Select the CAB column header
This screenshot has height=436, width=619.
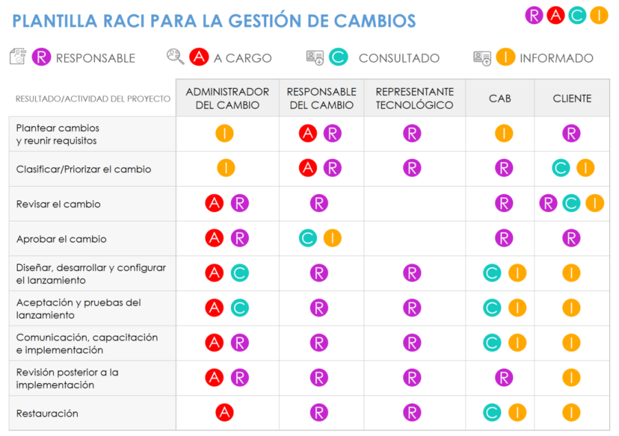click(500, 98)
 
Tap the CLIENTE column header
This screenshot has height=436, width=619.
click(572, 98)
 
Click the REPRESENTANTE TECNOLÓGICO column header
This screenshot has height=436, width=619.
click(415, 98)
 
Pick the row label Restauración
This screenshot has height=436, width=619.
click(47, 413)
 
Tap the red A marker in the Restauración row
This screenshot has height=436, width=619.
click(224, 413)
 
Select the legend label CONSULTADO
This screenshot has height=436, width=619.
click(399, 58)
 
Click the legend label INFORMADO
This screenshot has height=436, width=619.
click(556, 58)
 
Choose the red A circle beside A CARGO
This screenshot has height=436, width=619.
click(199, 58)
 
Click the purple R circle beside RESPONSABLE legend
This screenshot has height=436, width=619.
click(41, 58)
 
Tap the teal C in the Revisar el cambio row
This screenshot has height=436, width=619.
click(572, 203)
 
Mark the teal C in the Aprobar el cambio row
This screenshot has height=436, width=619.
click(308, 238)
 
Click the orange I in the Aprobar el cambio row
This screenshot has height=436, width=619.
click(332, 238)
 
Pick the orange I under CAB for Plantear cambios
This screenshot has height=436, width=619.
click(504, 133)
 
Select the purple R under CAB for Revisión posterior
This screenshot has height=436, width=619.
click(504, 377)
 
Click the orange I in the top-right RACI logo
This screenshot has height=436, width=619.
click(599, 15)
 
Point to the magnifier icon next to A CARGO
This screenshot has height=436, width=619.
click(175, 57)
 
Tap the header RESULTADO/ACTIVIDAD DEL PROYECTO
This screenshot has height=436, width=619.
click(93, 99)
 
